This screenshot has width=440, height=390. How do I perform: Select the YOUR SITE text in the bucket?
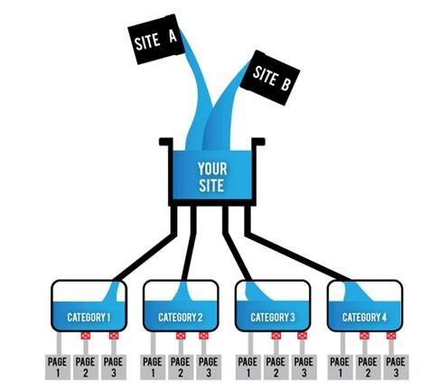212,177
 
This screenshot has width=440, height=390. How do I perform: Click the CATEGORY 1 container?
89,308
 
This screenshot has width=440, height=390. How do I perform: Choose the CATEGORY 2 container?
180,308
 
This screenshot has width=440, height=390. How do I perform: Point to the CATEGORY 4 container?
363,308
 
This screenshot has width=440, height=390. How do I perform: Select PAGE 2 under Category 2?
180,367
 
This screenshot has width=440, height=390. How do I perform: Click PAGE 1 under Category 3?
245,367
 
